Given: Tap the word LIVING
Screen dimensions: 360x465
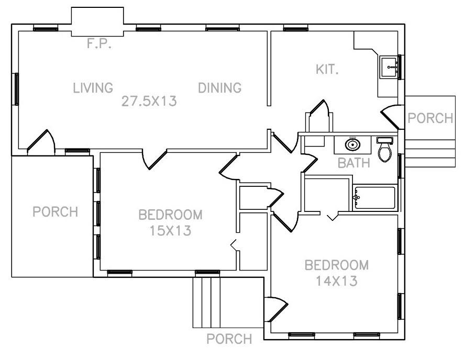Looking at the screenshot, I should tap(93, 88).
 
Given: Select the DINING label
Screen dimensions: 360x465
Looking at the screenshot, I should tap(219, 88).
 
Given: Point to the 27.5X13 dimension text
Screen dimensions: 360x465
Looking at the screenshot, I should tap(149, 101).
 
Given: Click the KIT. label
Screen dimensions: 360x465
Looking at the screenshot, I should tap(327, 69).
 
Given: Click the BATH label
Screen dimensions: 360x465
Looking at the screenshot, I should tap(353, 163).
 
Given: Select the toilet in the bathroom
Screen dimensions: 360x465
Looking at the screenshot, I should tap(385, 150).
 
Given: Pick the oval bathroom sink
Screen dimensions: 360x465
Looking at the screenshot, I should tap(353, 144).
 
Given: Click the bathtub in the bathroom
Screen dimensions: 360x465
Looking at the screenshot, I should tap(375, 198).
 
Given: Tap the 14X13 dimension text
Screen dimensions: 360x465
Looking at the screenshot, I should tap(336, 281).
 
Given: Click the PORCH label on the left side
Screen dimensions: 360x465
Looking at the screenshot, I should tap(55, 212).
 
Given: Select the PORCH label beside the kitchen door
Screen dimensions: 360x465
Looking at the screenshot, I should tap(430, 118).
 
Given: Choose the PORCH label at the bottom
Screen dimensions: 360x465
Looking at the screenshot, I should tap(229, 339).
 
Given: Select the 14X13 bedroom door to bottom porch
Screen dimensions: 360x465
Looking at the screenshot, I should tap(275, 309).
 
